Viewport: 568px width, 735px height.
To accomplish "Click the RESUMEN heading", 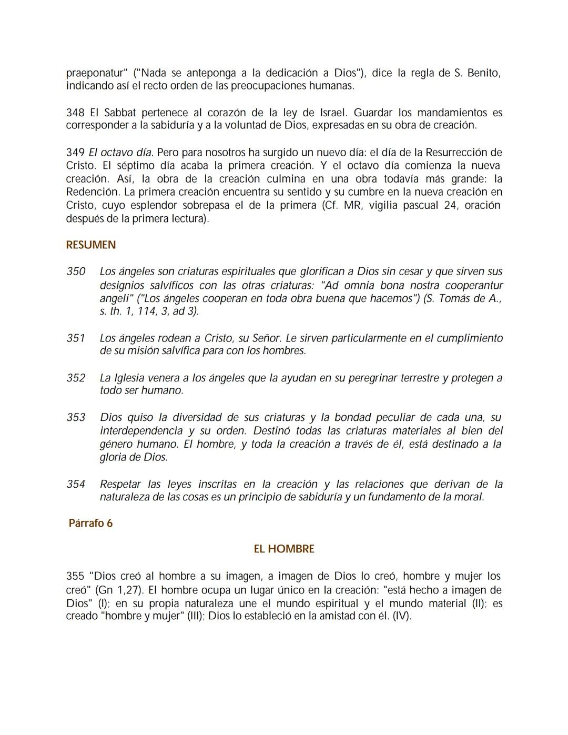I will pos(91,245).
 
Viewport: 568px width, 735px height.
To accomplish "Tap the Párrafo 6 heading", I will pos(90,523).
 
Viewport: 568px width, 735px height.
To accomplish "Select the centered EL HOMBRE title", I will pos(284,549).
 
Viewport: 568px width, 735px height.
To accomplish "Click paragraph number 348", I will pos(75,113).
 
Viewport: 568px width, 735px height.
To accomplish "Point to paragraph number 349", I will pos(75,153).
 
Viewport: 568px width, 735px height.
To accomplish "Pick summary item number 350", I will pos(76,271).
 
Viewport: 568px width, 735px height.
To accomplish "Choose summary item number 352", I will pos(76,378).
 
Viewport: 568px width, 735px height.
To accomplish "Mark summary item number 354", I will pos(76,484).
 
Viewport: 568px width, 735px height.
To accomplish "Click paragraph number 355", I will pos(75,576).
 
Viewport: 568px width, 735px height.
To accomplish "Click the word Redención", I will pos(92,192).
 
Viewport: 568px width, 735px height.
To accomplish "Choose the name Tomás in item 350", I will pos(455,298).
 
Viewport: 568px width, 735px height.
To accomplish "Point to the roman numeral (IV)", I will pos(402,616).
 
